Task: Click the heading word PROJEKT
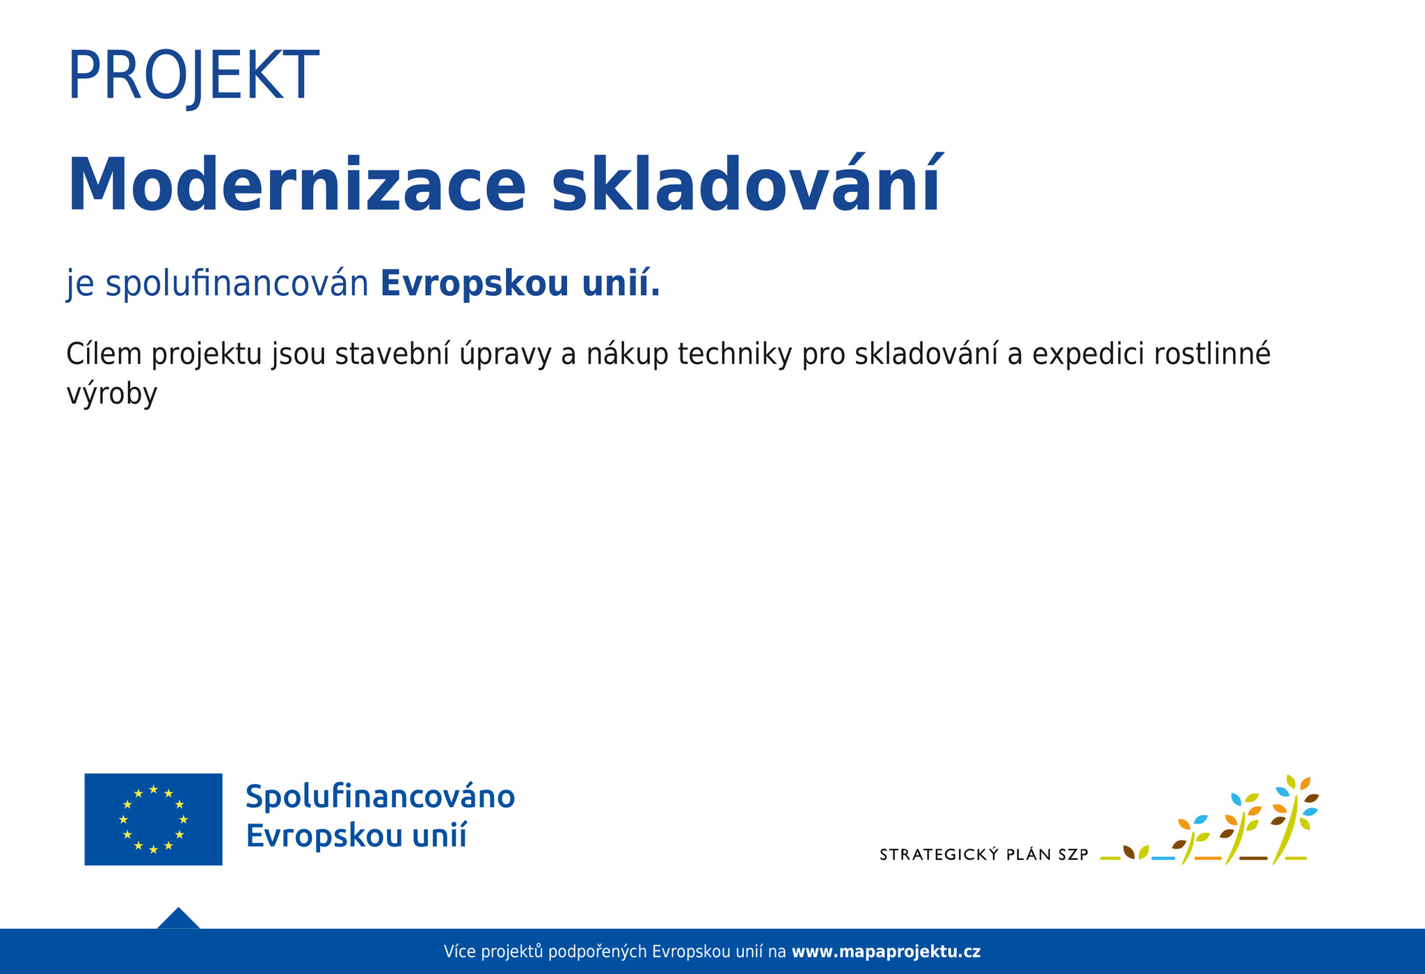(193, 77)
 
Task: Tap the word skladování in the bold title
(746, 184)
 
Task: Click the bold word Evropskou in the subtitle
(475, 285)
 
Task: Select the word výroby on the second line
(112, 395)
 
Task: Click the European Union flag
(153, 819)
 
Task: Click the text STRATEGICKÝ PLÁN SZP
(984, 855)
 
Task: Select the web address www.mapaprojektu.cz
(886, 952)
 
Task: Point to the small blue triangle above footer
(179, 920)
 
